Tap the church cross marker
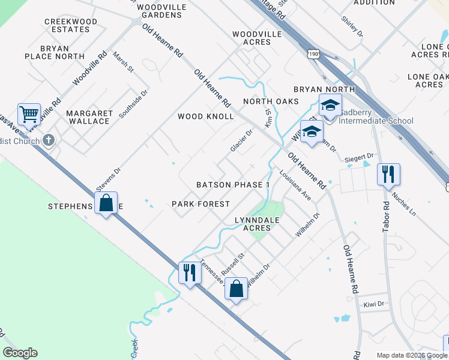tap(49, 141)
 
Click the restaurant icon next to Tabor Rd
tap(388, 174)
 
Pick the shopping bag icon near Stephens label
tap(106, 203)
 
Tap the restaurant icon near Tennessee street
tap(190, 272)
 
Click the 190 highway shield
tap(316, 53)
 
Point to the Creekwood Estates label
tap(71, 25)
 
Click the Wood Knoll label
tap(205, 116)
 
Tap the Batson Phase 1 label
tap(233, 185)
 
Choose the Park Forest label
tap(200, 204)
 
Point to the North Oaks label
tap(270, 101)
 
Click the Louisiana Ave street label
tap(295, 186)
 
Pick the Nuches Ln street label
tap(403, 203)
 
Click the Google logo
tap(20, 353)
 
